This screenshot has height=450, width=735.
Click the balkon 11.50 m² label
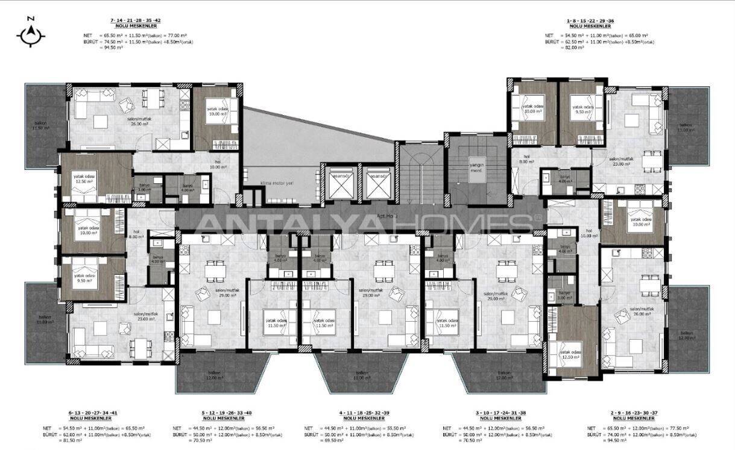coord(41,125)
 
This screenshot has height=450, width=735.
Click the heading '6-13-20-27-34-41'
coord(93,413)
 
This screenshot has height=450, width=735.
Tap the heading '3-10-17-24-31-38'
coord(497,413)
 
